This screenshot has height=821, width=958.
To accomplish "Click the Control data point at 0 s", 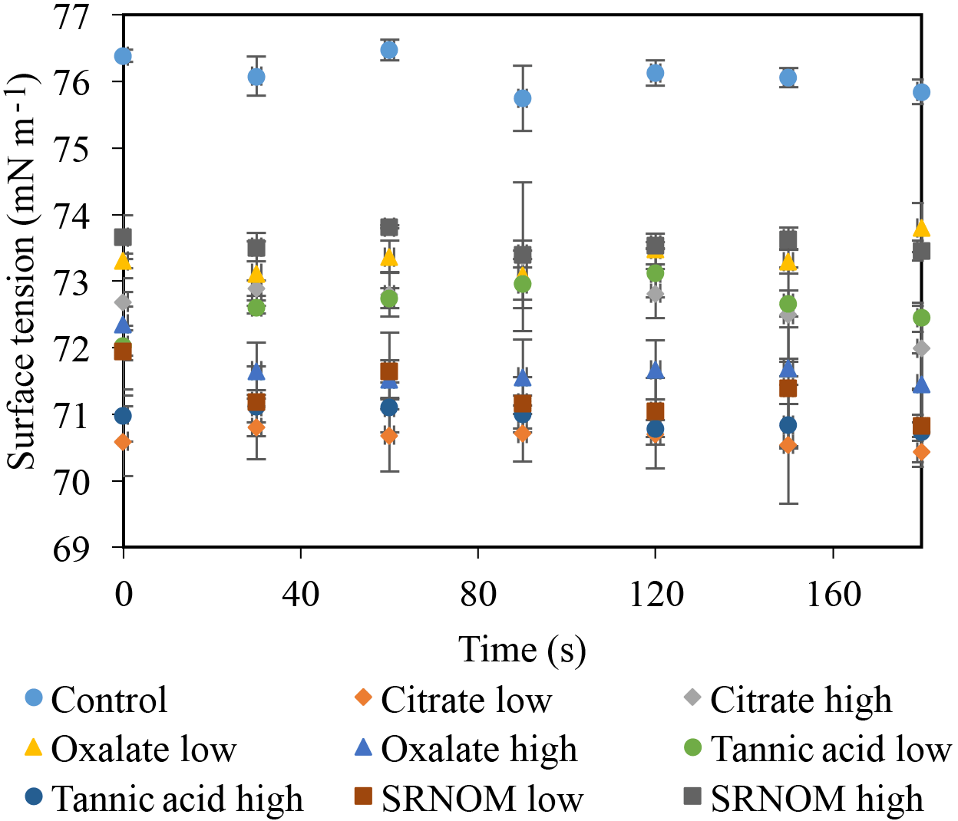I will coord(123,56).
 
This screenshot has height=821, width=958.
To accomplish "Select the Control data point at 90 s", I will coord(522,98).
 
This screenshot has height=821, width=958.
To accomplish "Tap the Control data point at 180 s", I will coord(921,92).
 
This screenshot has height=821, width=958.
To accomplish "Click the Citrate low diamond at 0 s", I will coord(123,442).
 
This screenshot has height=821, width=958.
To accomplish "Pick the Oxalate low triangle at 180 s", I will coord(921,229).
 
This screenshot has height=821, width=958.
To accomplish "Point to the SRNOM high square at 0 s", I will coord(123,236).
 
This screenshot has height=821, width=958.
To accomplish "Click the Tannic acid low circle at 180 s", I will coord(921,318).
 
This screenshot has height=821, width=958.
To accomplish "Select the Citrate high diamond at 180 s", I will coord(921,348).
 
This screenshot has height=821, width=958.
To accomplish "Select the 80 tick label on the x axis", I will coord(478,594).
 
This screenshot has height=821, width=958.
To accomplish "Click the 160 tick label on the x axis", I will coord(833,594).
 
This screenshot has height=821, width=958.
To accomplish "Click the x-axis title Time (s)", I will coord(522,650).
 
